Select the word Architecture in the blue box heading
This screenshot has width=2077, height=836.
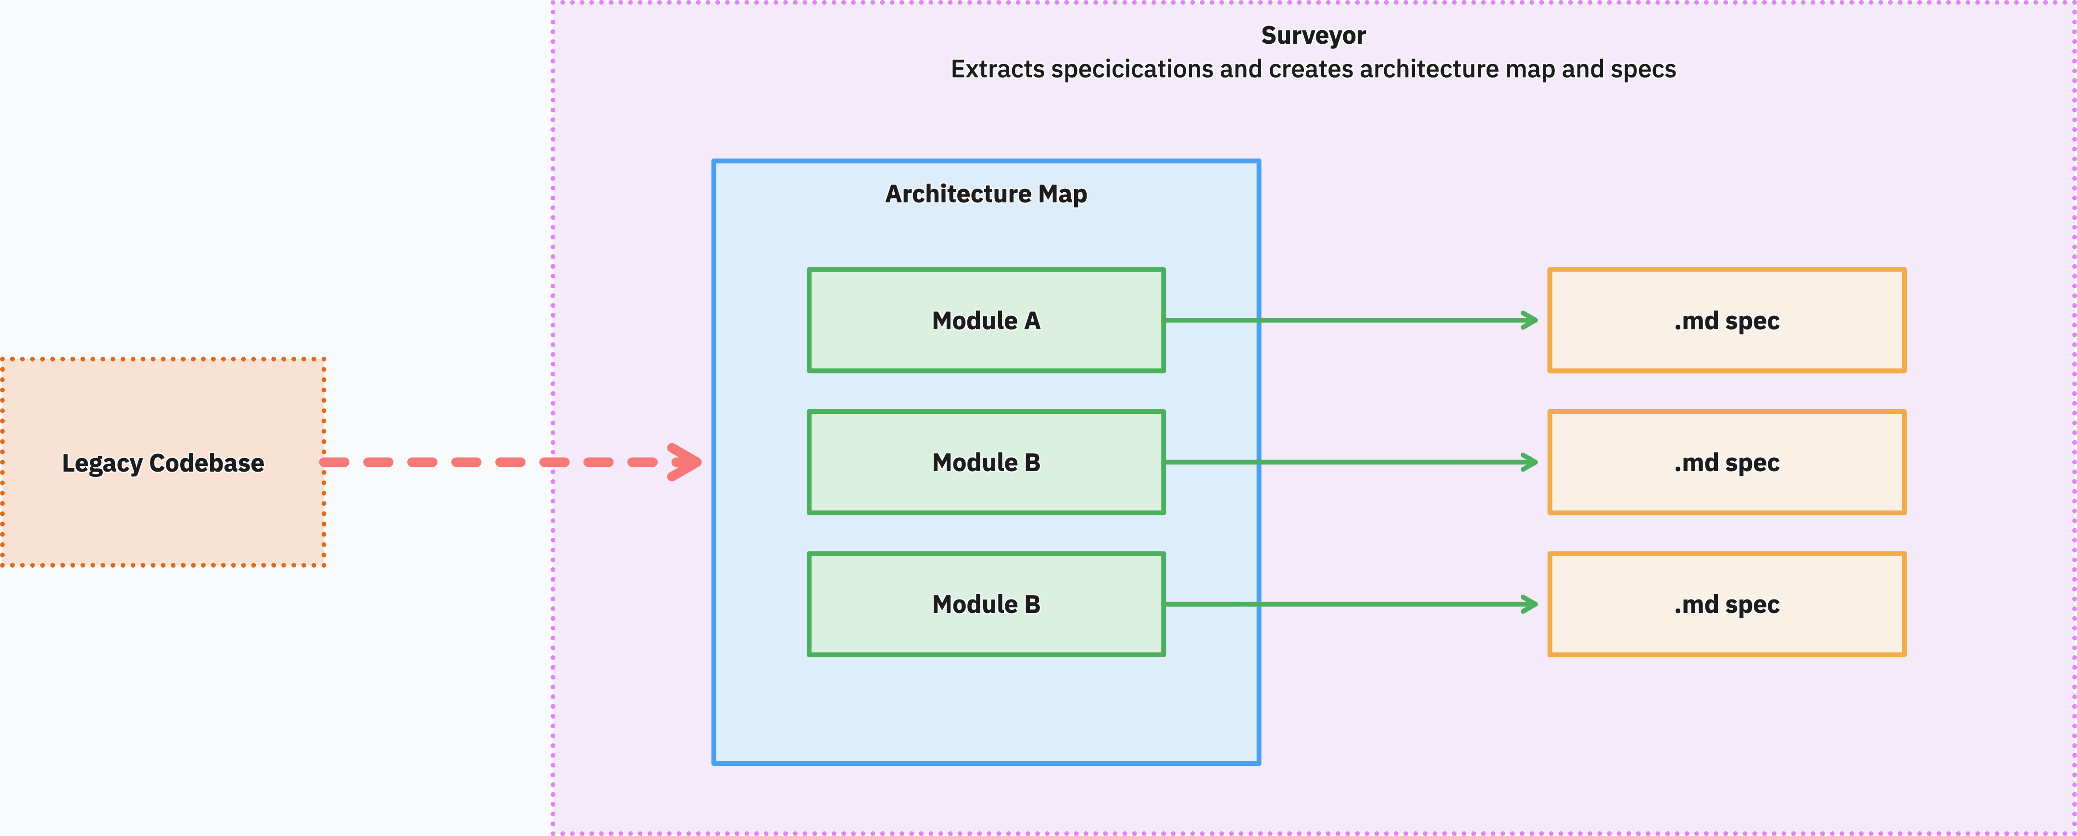coord(958,194)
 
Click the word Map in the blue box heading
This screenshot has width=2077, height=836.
coord(1063,194)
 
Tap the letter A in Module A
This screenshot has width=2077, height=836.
coord(1032,321)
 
